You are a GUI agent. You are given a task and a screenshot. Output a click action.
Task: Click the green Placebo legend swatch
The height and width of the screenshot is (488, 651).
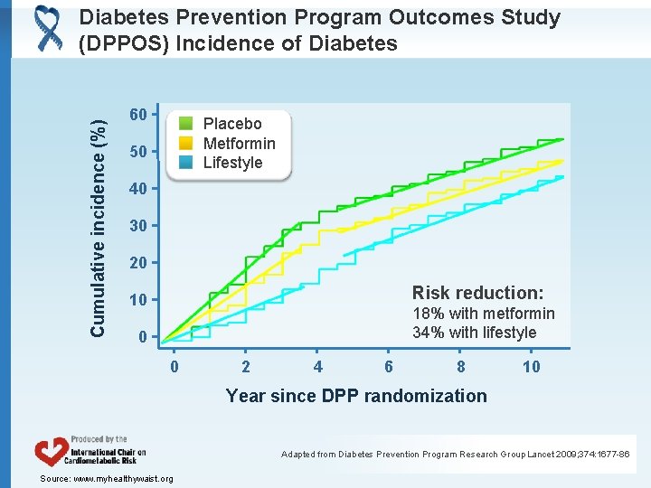coord(185,124)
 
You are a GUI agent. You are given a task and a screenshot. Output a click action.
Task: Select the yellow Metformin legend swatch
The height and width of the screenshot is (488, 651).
coord(185,144)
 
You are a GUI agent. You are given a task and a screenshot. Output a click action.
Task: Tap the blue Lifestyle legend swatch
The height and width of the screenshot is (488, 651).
coord(185,163)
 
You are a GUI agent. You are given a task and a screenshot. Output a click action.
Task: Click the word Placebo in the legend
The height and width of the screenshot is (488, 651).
coord(232,124)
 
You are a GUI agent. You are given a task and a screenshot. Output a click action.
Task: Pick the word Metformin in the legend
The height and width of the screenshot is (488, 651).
coord(239,144)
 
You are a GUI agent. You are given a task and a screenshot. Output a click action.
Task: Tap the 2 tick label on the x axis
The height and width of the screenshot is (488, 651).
coord(246,366)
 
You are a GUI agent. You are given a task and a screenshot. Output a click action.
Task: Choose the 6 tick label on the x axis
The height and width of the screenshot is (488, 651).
coord(389,366)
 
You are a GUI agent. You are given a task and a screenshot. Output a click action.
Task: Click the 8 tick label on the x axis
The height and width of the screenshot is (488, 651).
coord(461,366)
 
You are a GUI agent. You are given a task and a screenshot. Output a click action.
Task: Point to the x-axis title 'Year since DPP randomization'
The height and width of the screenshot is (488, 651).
coord(356,395)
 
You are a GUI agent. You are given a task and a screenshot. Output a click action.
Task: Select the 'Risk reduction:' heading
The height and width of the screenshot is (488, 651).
coord(477,292)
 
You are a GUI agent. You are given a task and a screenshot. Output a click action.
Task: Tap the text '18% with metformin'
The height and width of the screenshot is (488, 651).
coord(484,313)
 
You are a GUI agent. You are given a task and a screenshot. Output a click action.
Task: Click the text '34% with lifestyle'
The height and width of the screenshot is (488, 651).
coord(475,333)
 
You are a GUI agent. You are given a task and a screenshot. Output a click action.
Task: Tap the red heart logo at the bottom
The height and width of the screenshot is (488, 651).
coord(50,452)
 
